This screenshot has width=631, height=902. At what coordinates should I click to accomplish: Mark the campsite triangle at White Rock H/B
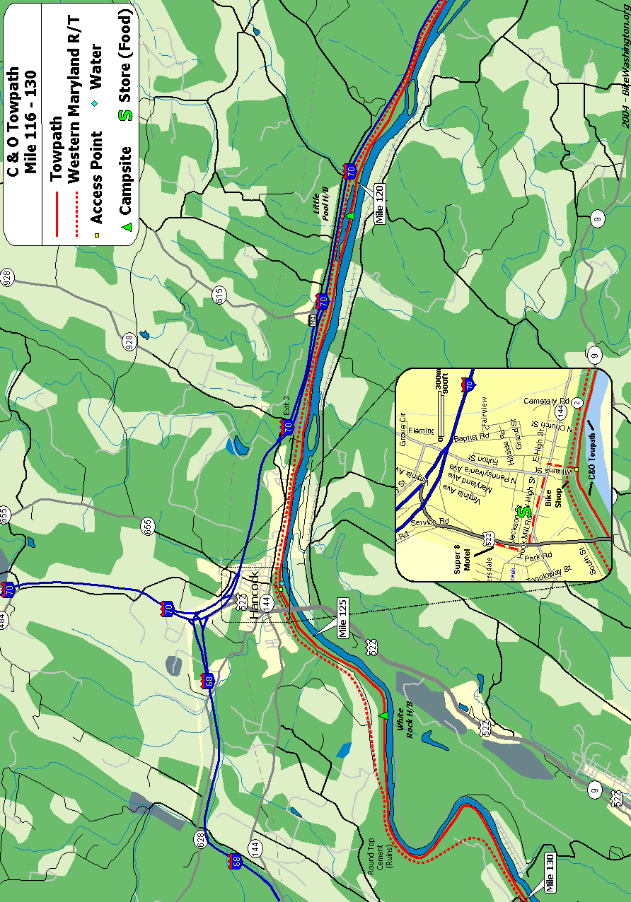383,716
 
